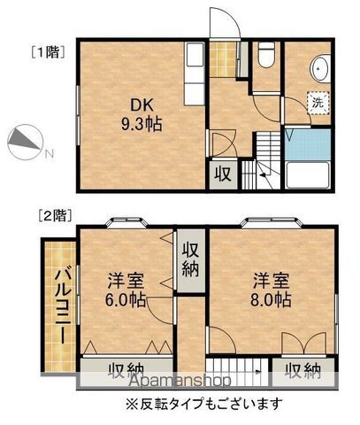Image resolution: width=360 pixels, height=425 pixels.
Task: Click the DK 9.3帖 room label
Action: tap(142, 115)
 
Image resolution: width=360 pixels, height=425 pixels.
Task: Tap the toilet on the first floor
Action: tap(266, 55)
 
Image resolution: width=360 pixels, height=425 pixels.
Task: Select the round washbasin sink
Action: tap(320, 68)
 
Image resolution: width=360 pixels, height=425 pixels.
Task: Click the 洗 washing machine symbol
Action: tap(318, 103)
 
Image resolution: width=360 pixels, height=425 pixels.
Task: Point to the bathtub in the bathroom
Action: tap(308, 174)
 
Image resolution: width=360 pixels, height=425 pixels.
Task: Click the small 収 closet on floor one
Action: tap(223, 174)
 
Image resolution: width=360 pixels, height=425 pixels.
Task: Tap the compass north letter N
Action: tap(50, 153)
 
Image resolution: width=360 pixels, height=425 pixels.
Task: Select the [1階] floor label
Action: tap(48, 52)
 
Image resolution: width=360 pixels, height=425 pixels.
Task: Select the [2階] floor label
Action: tap(55, 216)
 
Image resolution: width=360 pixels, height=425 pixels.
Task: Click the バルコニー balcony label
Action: tap(63, 306)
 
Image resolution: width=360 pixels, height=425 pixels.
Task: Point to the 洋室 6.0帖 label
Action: tap(126, 290)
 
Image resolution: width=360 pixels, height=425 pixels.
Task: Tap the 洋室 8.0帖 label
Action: tap(271, 290)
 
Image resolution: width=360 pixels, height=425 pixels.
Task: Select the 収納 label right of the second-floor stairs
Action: tap(303, 371)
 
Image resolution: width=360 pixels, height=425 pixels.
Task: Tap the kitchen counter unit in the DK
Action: tap(194, 73)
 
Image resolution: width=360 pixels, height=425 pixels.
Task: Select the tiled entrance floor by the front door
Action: tap(223, 59)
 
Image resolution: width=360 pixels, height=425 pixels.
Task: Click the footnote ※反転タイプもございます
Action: tap(204, 404)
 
